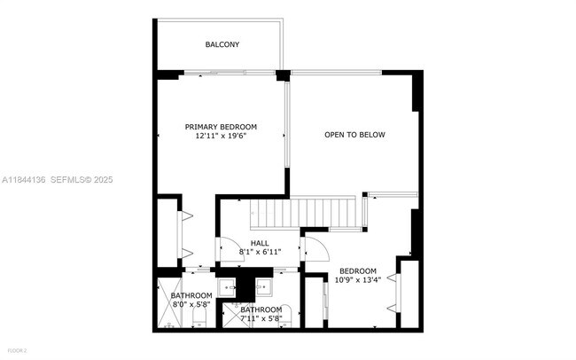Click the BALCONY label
(222, 44)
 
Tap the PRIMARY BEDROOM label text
(221, 127)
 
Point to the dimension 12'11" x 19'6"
(221, 137)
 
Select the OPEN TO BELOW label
(354, 135)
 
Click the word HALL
(260, 243)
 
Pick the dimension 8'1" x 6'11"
(260, 252)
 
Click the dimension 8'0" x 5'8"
(191, 304)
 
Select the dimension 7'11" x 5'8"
(261, 318)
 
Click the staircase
(305, 214)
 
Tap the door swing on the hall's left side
(226, 250)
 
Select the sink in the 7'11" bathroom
(263, 286)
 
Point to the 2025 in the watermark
(103, 179)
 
